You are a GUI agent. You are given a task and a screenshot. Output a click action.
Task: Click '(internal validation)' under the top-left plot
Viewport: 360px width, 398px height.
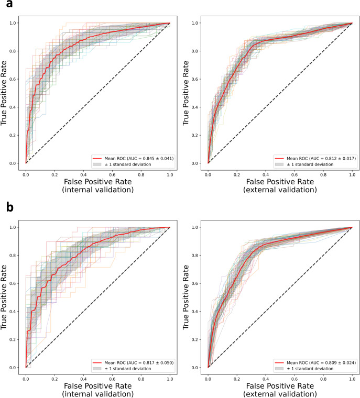[x=97, y=190]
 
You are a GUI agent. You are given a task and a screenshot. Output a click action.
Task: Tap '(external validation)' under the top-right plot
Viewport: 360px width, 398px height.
[x=280, y=190]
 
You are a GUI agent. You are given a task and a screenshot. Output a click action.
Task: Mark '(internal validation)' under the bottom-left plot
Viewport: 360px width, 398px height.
[x=97, y=394]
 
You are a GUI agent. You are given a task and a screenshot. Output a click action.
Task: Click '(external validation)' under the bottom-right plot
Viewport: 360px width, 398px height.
[x=280, y=394]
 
